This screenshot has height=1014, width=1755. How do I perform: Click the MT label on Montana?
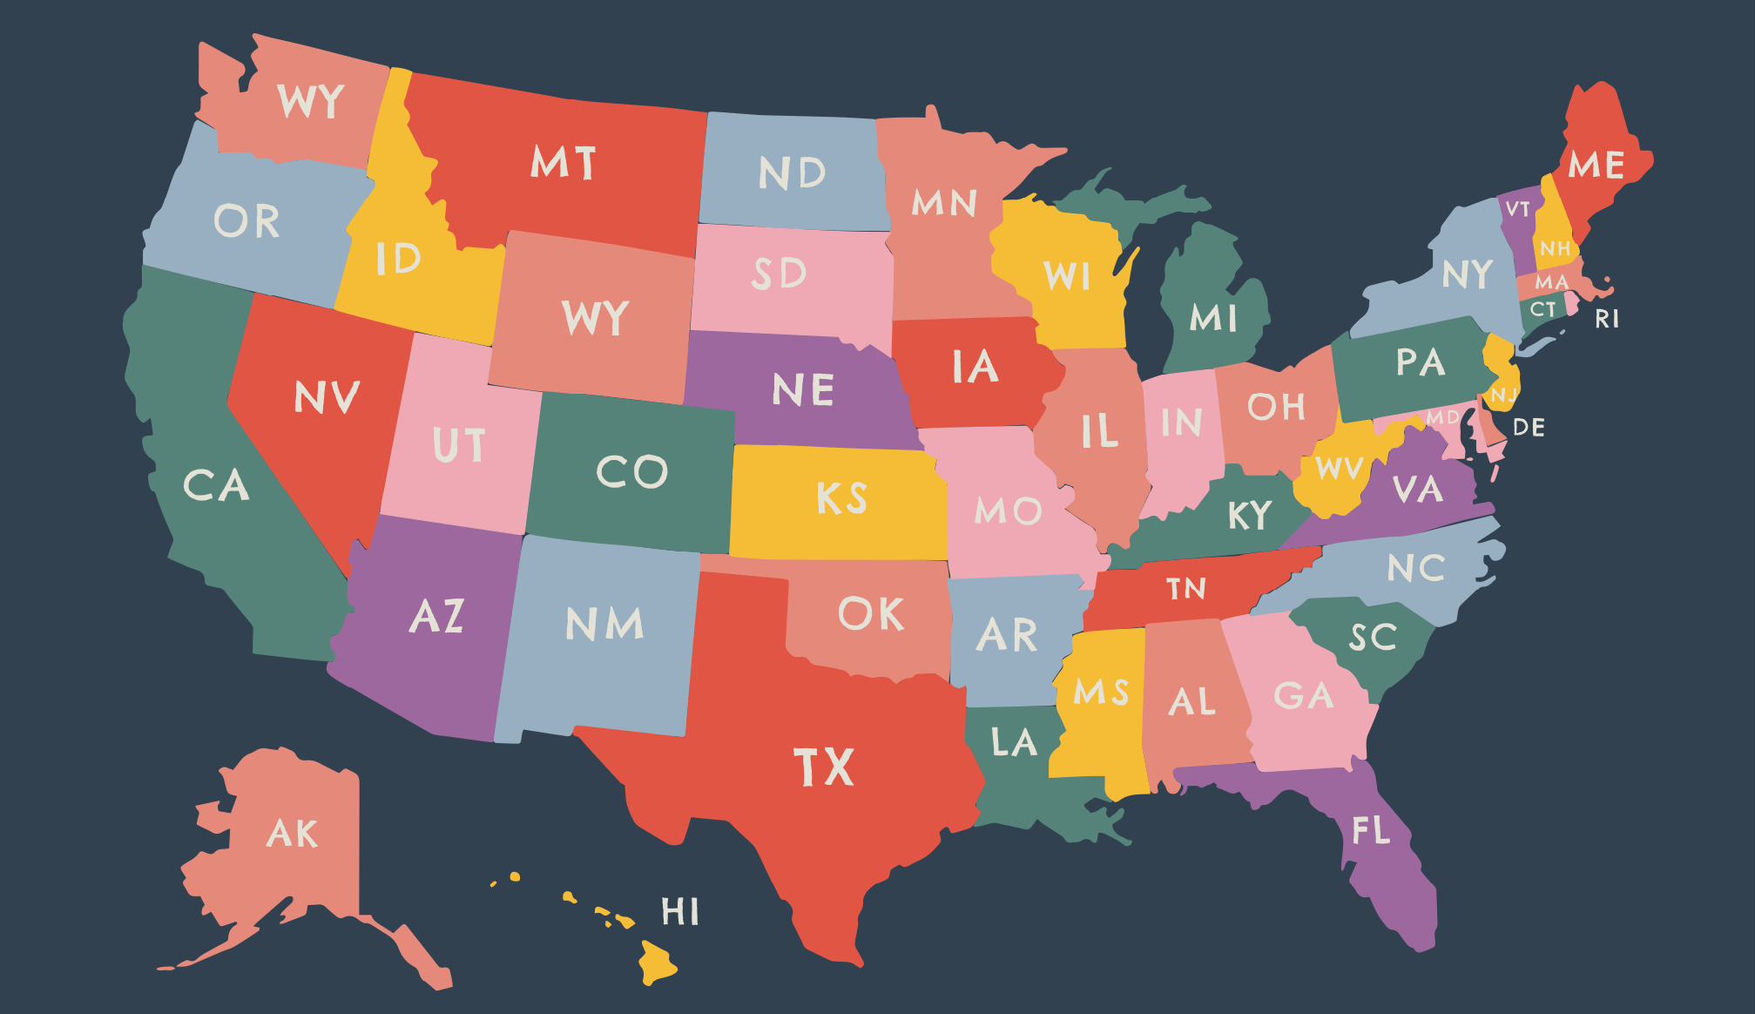pos(564,163)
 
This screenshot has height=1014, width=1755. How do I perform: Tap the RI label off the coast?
pos(1607,320)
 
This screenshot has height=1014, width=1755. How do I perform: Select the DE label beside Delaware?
pos(1529,428)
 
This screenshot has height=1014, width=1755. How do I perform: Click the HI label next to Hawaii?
pos(680,912)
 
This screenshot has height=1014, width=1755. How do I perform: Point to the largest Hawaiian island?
pos(657,963)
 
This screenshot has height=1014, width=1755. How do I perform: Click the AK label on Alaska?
pos(293,834)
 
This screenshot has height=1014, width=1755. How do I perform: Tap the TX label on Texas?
pos(824,767)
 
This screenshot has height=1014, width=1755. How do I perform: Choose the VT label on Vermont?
pos(1518,209)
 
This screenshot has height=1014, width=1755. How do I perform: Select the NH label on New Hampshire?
pos(1555,249)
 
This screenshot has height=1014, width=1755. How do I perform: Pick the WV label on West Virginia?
pos(1340,469)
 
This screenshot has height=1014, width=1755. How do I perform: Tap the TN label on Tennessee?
pos(1186,589)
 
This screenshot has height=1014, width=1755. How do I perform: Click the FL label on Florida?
pos(1371,831)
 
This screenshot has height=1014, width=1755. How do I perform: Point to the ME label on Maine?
pos(1596,165)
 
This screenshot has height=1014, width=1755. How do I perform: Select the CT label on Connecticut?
pos(1542,309)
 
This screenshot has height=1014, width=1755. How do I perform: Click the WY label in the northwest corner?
pos(311,102)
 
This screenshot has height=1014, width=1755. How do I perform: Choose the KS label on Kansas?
pos(841,498)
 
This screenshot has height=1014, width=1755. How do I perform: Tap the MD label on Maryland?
pos(1442,417)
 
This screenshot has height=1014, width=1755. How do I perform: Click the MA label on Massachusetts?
pos(1551,282)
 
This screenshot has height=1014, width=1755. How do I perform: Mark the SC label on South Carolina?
pos(1373,638)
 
